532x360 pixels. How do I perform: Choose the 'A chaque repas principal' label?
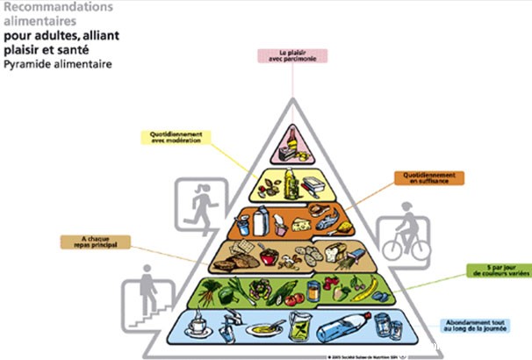pyautogui.click(x=94, y=241)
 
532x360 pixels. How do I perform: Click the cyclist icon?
pyautogui.click(x=406, y=234)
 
